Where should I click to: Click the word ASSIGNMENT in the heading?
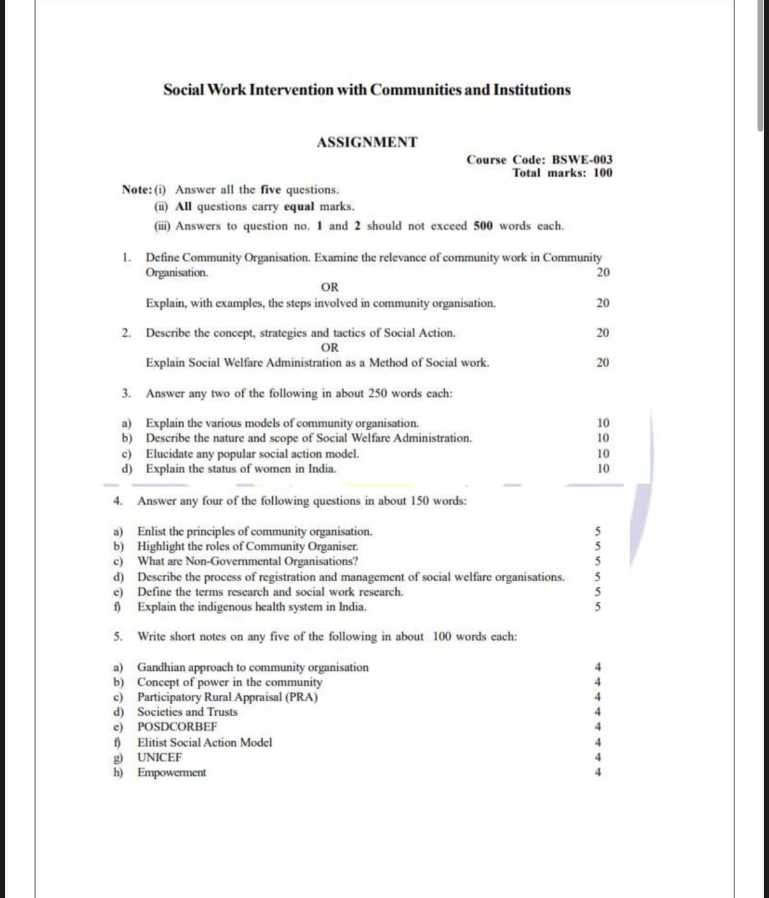pos(367,142)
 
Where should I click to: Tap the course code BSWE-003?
pos(582,159)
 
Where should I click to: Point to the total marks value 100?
pos(603,173)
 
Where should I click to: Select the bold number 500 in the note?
pos(483,226)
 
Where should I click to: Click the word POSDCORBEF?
pos(177,726)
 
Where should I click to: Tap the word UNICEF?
pos(159,757)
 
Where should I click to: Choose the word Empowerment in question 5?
pos(172,772)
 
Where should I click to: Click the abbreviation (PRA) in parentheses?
pos(302,696)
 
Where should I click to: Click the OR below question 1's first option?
pos(330,287)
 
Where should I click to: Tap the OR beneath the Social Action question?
pos(330,348)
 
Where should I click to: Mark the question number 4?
pos(117,501)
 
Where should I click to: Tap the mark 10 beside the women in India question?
pos(603,469)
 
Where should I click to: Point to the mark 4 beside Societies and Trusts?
pos(597,712)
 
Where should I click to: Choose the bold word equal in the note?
pos(299,207)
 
